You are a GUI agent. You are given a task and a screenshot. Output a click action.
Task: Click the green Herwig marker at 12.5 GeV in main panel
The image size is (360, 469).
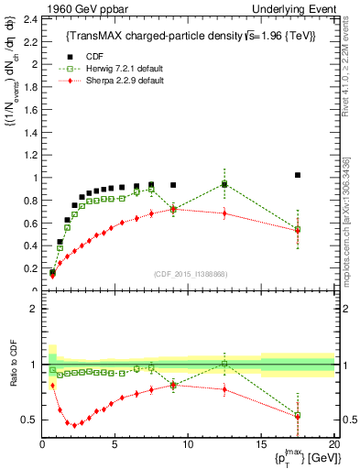(224, 184)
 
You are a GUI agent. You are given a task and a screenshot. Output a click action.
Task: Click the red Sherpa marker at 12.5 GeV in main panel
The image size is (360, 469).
(224, 213)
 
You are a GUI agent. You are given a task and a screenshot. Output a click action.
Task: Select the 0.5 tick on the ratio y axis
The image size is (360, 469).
(32, 420)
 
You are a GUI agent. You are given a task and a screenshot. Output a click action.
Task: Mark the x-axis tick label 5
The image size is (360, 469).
(115, 444)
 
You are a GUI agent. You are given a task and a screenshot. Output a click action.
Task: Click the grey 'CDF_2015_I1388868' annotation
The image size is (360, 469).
(189, 274)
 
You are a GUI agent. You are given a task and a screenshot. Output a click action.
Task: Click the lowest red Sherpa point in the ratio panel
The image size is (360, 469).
(75, 424)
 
